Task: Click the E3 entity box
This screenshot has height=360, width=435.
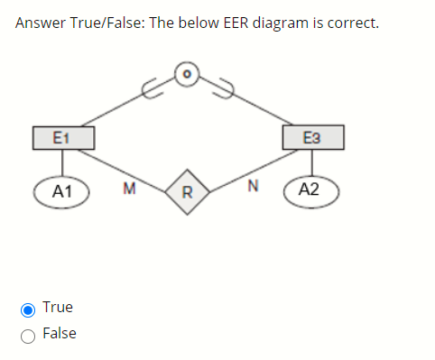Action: [x=312, y=137]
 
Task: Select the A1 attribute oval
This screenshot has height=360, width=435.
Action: [x=62, y=190]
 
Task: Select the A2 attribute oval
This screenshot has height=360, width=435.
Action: [x=309, y=189]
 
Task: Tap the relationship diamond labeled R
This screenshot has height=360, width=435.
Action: [x=187, y=190]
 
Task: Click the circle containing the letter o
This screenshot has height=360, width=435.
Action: [x=186, y=73]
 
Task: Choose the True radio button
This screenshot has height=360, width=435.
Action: [x=28, y=309]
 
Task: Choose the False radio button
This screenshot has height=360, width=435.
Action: [x=28, y=335]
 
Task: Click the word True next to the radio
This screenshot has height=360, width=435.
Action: [x=58, y=308]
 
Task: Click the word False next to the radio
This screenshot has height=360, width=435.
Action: [x=60, y=334]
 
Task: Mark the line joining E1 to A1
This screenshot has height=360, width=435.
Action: [x=62, y=162]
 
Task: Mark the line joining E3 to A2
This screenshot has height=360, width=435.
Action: [x=312, y=162]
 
